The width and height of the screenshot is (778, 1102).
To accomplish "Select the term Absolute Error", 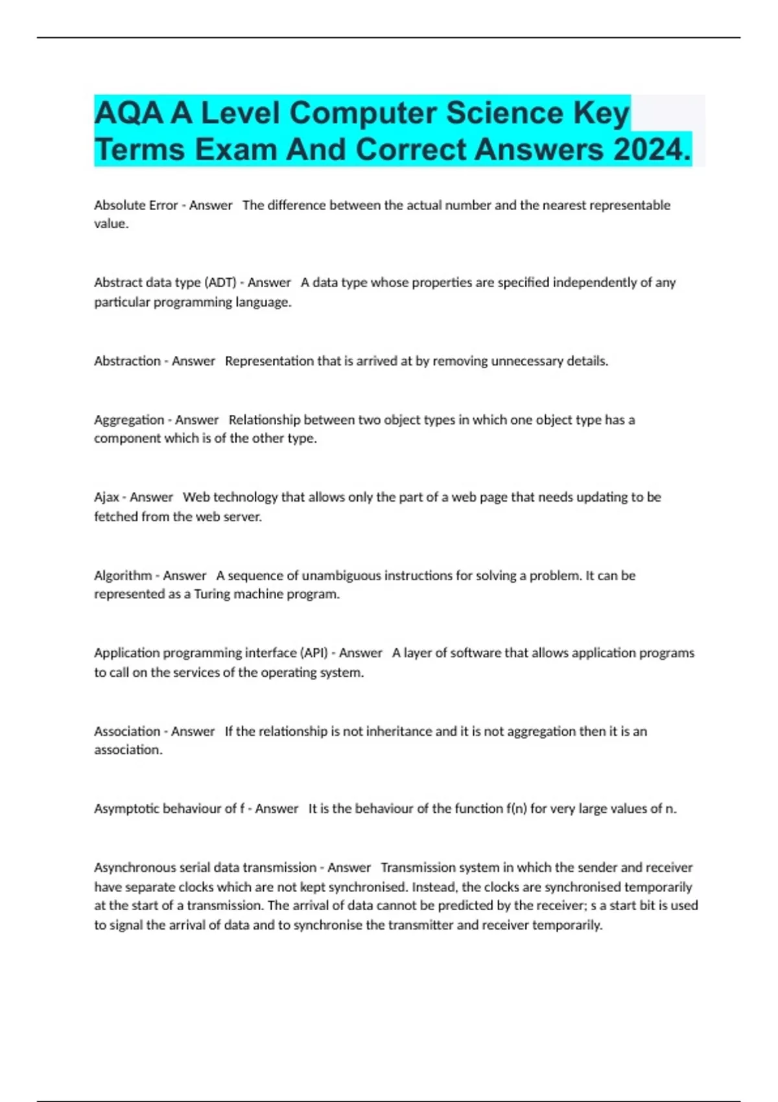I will click(136, 205).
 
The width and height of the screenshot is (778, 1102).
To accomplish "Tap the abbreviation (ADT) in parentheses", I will click(220, 283).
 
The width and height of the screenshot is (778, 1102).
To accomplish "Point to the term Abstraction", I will click(127, 361).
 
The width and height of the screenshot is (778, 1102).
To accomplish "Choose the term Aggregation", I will click(129, 420).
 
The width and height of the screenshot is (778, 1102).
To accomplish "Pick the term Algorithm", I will click(123, 576).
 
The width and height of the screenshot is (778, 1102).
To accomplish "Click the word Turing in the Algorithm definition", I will click(213, 594).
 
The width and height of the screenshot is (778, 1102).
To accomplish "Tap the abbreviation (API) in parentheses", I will click(313, 653).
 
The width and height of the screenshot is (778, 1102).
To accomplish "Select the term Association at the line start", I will click(127, 731).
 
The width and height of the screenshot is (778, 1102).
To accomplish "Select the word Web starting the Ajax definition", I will click(196, 497).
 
